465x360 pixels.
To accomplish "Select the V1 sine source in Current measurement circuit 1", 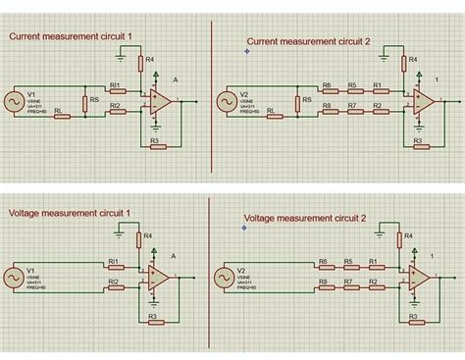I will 16,101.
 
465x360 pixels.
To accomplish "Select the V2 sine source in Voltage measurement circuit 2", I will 227,277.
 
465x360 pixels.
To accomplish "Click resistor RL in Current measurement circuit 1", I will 59,116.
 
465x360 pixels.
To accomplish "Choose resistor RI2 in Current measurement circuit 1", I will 116,110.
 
